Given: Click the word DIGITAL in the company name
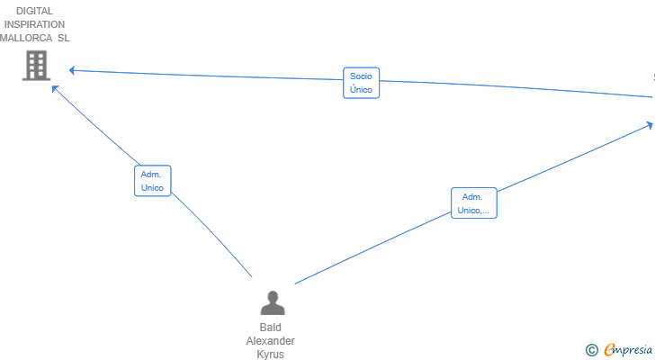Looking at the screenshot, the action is [x=35, y=11].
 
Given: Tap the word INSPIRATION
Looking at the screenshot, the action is [x=34, y=24].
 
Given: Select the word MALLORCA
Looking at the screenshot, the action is [x=26, y=38].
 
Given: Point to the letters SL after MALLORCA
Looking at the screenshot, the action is [x=64, y=38].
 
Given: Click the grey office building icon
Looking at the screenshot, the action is [x=36, y=65].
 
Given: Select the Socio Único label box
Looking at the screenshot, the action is [x=362, y=83].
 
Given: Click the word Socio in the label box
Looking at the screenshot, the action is [x=361, y=76].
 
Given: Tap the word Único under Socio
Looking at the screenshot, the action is [x=361, y=89].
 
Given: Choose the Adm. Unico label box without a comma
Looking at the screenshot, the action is [x=152, y=181].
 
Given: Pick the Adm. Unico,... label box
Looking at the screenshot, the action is [x=473, y=203].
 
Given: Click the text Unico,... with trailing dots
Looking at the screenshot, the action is [x=473, y=210].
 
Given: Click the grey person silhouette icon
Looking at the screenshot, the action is [x=273, y=302].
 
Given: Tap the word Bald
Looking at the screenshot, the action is [x=270, y=328].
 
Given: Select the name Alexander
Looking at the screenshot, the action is [x=270, y=341].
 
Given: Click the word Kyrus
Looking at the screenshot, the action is [x=270, y=355].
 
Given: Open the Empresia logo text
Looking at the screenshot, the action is [x=628, y=350].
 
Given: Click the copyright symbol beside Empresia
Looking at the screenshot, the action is [x=591, y=350].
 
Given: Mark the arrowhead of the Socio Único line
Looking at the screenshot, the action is [x=72, y=70].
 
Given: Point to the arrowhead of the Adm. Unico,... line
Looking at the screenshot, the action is [x=650, y=125].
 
